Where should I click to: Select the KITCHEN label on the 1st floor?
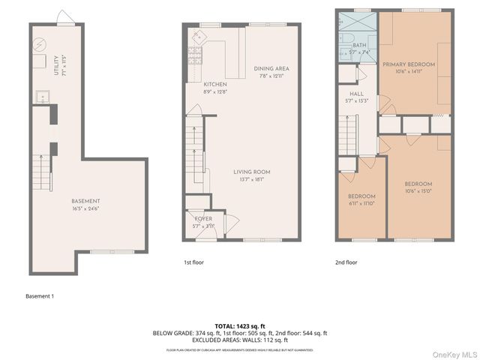click(x=215, y=84)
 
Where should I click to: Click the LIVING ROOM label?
click(x=251, y=172)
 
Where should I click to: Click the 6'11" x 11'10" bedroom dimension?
click(x=361, y=202)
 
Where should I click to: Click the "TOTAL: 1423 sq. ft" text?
click(x=239, y=326)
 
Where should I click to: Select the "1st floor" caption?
click(x=193, y=262)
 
